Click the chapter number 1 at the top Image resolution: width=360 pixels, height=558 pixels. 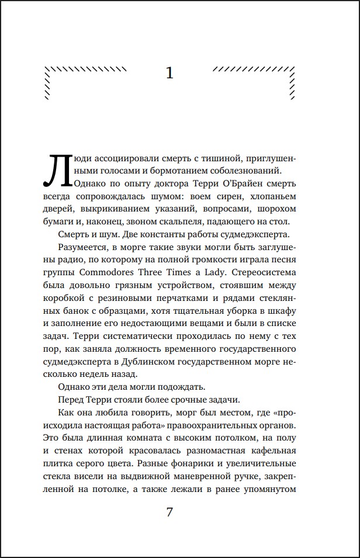click(170, 73)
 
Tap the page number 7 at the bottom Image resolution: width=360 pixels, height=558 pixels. click(170, 512)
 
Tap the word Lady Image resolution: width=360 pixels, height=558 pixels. click(234, 272)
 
